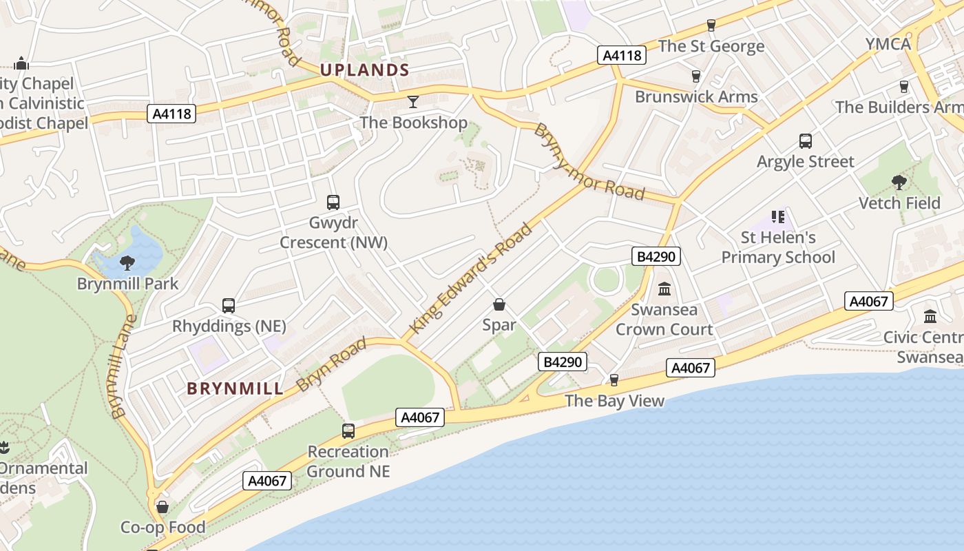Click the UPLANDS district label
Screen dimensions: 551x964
click(365, 70)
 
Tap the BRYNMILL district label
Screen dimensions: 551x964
click(235, 388)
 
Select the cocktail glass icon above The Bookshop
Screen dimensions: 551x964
click(413, 102)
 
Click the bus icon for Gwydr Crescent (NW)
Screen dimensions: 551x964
click(333, 202)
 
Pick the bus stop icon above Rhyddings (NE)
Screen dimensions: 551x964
click(229, 305)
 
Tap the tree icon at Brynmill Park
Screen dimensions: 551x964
click(127, 262)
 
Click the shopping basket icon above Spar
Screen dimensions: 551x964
click(499, 304)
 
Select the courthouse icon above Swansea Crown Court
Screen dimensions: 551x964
click(664, 289)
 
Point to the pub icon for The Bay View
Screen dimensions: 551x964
click(614, 380)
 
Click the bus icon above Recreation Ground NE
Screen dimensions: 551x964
click(348, 431)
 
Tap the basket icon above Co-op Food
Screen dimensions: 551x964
click(163, 508)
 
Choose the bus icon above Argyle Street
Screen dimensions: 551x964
click(806, 141)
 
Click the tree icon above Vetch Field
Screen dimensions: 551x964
click(899, 182)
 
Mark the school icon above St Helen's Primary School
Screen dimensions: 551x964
click(778, 217)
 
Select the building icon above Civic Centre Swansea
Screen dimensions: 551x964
click(930, 316)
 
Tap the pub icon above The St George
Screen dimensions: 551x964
click(711, 25)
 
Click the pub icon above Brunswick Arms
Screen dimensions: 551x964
click(696, 76)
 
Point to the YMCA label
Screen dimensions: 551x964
click(888, 44)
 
